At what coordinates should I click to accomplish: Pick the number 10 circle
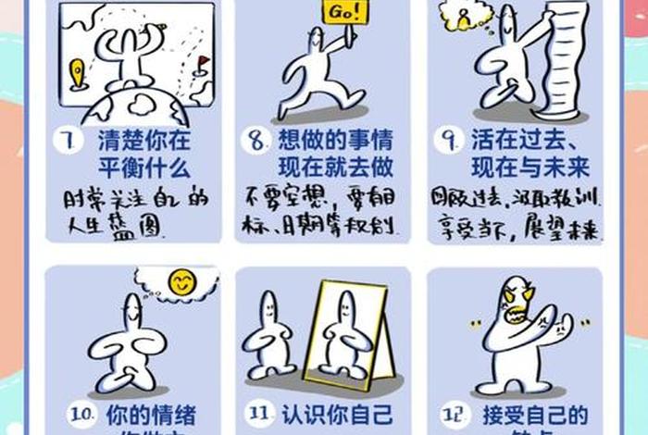[x=82, y=415]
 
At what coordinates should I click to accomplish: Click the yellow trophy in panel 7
[x=79, y=74]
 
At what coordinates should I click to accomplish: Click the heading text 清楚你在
[x=143, y=142]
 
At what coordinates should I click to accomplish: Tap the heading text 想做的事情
[x=335, y=142]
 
